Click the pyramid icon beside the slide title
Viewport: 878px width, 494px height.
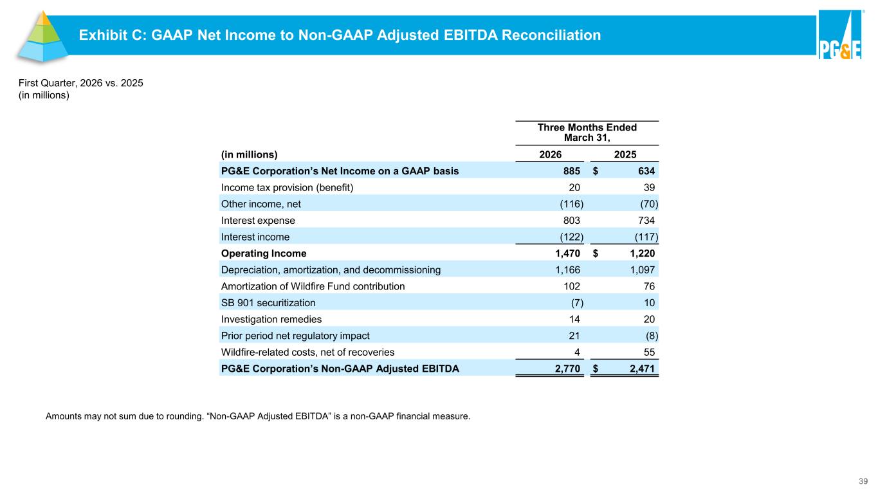click(42, 37)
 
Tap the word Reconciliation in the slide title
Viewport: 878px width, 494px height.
click(551, 35)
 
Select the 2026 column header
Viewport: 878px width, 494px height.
click(550, 154)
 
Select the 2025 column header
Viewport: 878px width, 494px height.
click(625, 154)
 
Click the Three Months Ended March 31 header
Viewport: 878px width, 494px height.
click(587, 133)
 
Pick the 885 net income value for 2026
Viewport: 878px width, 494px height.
click(571, 171)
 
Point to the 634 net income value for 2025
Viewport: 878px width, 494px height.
click(646, 171)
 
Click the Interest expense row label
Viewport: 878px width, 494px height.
click(258, 221)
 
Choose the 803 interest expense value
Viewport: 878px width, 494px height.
click(571, 221)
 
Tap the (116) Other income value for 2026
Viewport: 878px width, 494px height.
click(571, 204)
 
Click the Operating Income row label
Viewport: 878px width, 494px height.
click(264, 253)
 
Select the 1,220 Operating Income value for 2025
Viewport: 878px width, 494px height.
click(643, 253)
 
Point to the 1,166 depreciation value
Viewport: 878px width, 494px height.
click(567, 270)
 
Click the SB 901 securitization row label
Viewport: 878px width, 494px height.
click(268, 303)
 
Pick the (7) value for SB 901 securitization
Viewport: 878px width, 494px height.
click(577, 303)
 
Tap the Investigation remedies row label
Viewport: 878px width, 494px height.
click(271, 319)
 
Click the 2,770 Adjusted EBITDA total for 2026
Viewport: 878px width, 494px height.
click(567, 369)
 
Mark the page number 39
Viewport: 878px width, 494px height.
click(863, 481)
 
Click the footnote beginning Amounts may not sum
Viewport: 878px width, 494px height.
click(258, 416)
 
